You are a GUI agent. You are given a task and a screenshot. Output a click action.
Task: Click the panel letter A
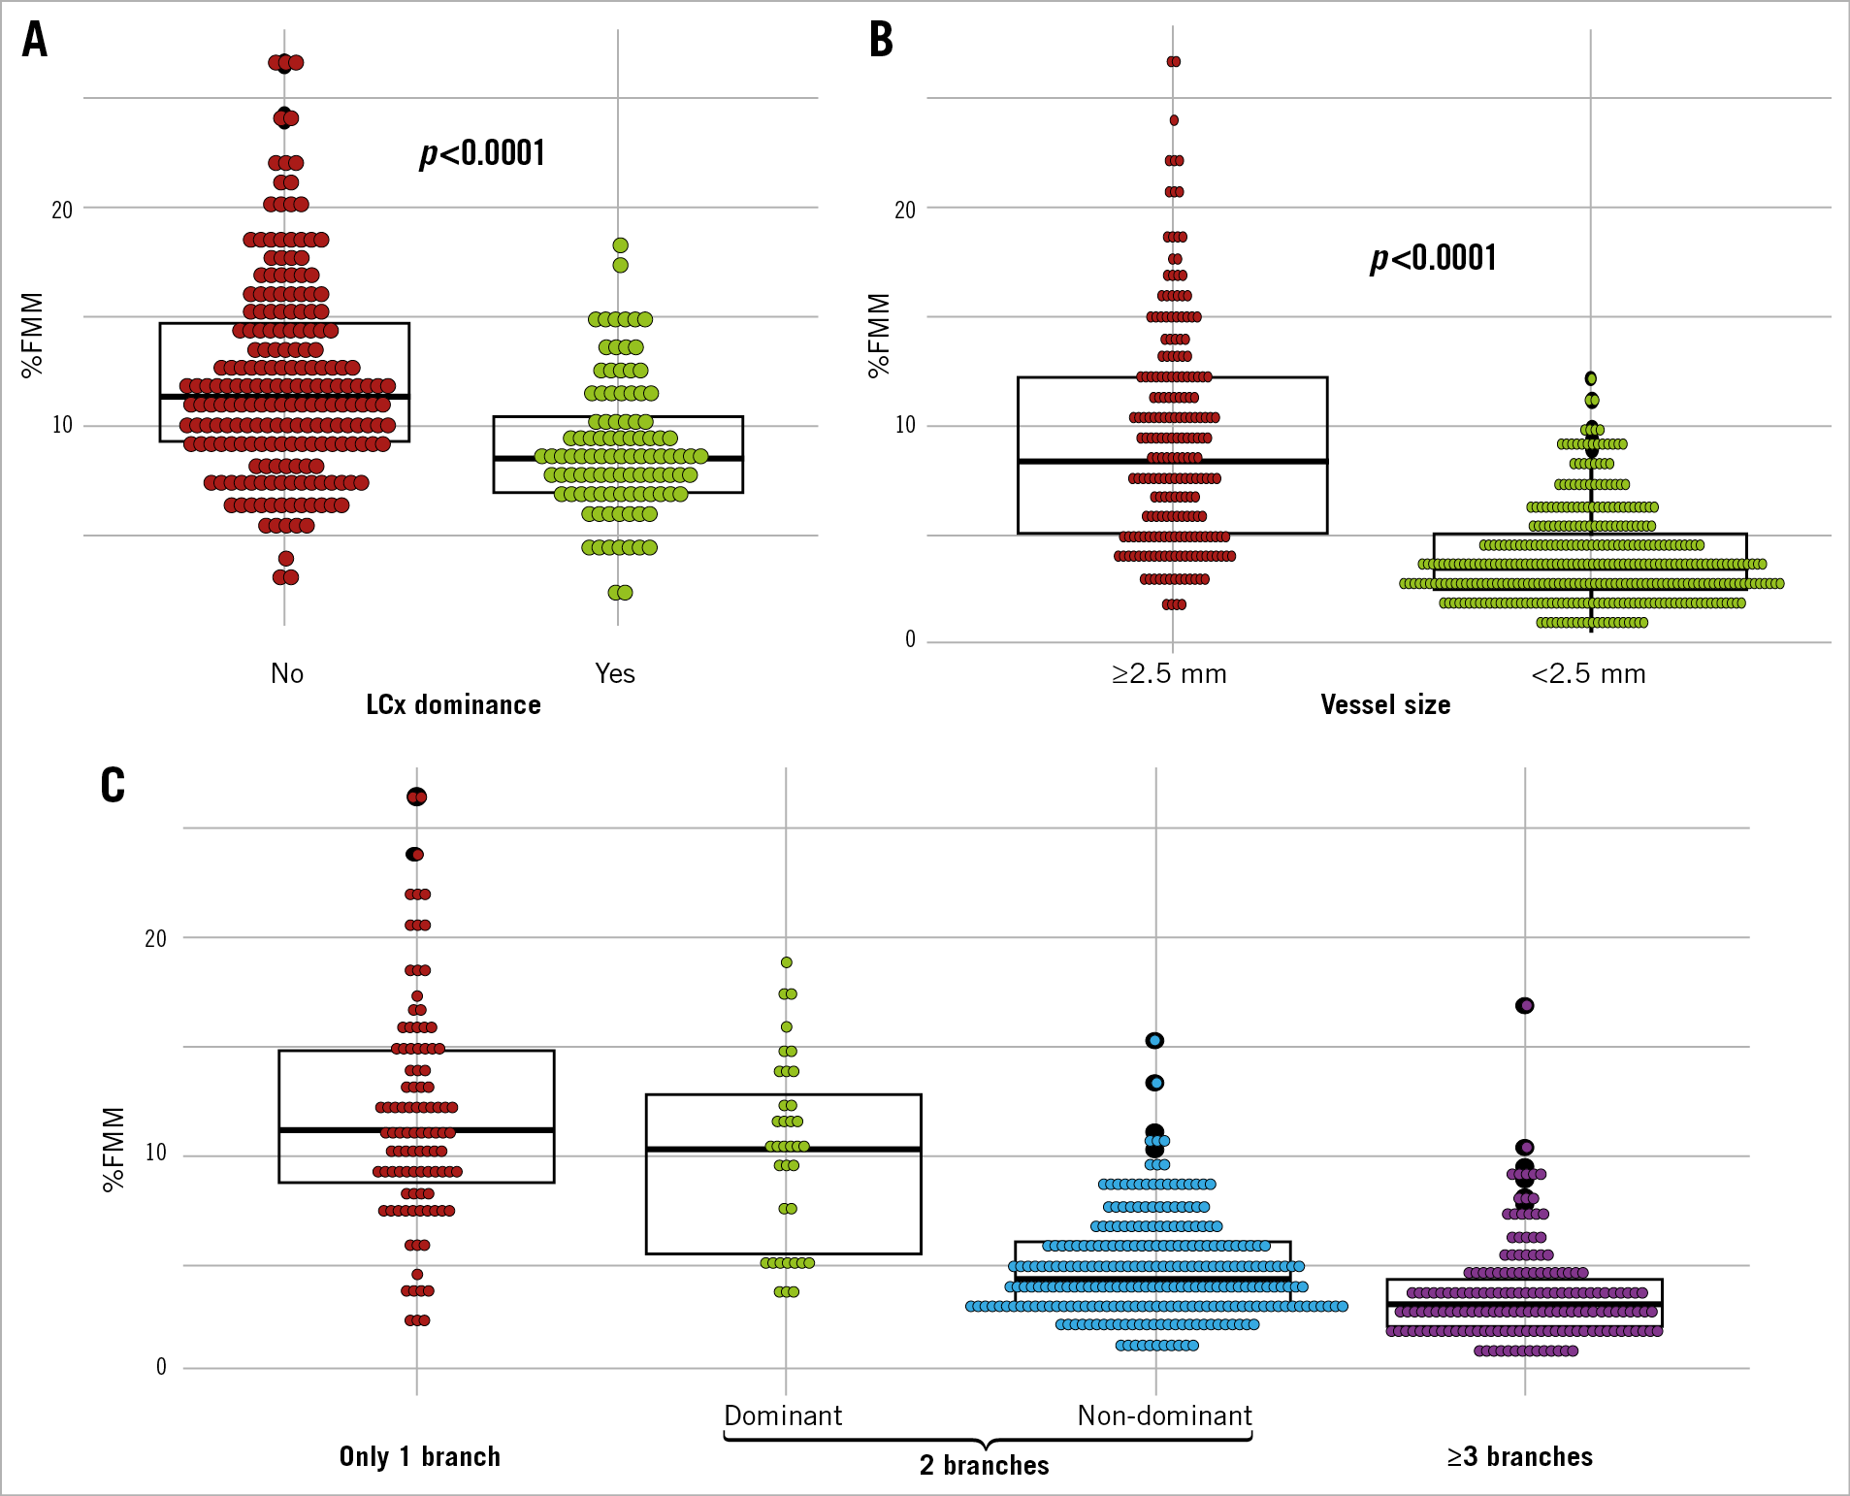35,41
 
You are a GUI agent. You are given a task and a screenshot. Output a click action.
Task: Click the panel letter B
881,41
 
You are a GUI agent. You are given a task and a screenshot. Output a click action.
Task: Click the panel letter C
113,785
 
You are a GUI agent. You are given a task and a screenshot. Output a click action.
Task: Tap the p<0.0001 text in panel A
482,153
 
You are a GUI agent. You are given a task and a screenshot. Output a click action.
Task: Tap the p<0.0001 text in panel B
1433,258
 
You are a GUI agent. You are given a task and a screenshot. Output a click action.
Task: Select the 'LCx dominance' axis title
453,704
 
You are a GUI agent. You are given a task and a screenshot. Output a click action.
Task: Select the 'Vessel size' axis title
1385,704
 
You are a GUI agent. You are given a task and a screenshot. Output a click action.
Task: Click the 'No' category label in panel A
287,673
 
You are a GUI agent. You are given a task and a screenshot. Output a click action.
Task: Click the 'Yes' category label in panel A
615,673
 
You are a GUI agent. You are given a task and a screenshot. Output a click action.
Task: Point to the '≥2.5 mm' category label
1169,673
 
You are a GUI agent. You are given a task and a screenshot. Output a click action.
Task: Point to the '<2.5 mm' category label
1588,673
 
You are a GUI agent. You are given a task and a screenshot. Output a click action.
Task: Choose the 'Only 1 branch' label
419,1456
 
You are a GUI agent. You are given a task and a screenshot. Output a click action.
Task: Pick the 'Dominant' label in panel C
783,1415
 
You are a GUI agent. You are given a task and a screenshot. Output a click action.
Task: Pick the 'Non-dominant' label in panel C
1164,1415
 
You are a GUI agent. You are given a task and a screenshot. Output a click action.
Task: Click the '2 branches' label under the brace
984,1465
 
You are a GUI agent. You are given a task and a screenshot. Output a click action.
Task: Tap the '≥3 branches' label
1519,1456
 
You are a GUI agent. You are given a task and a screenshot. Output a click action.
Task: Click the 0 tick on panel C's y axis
161,1367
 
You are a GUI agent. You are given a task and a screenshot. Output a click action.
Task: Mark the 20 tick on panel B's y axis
904,210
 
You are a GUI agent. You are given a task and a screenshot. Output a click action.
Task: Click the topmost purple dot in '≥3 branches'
1525,1006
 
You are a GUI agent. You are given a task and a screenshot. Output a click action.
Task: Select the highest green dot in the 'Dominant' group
787,962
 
